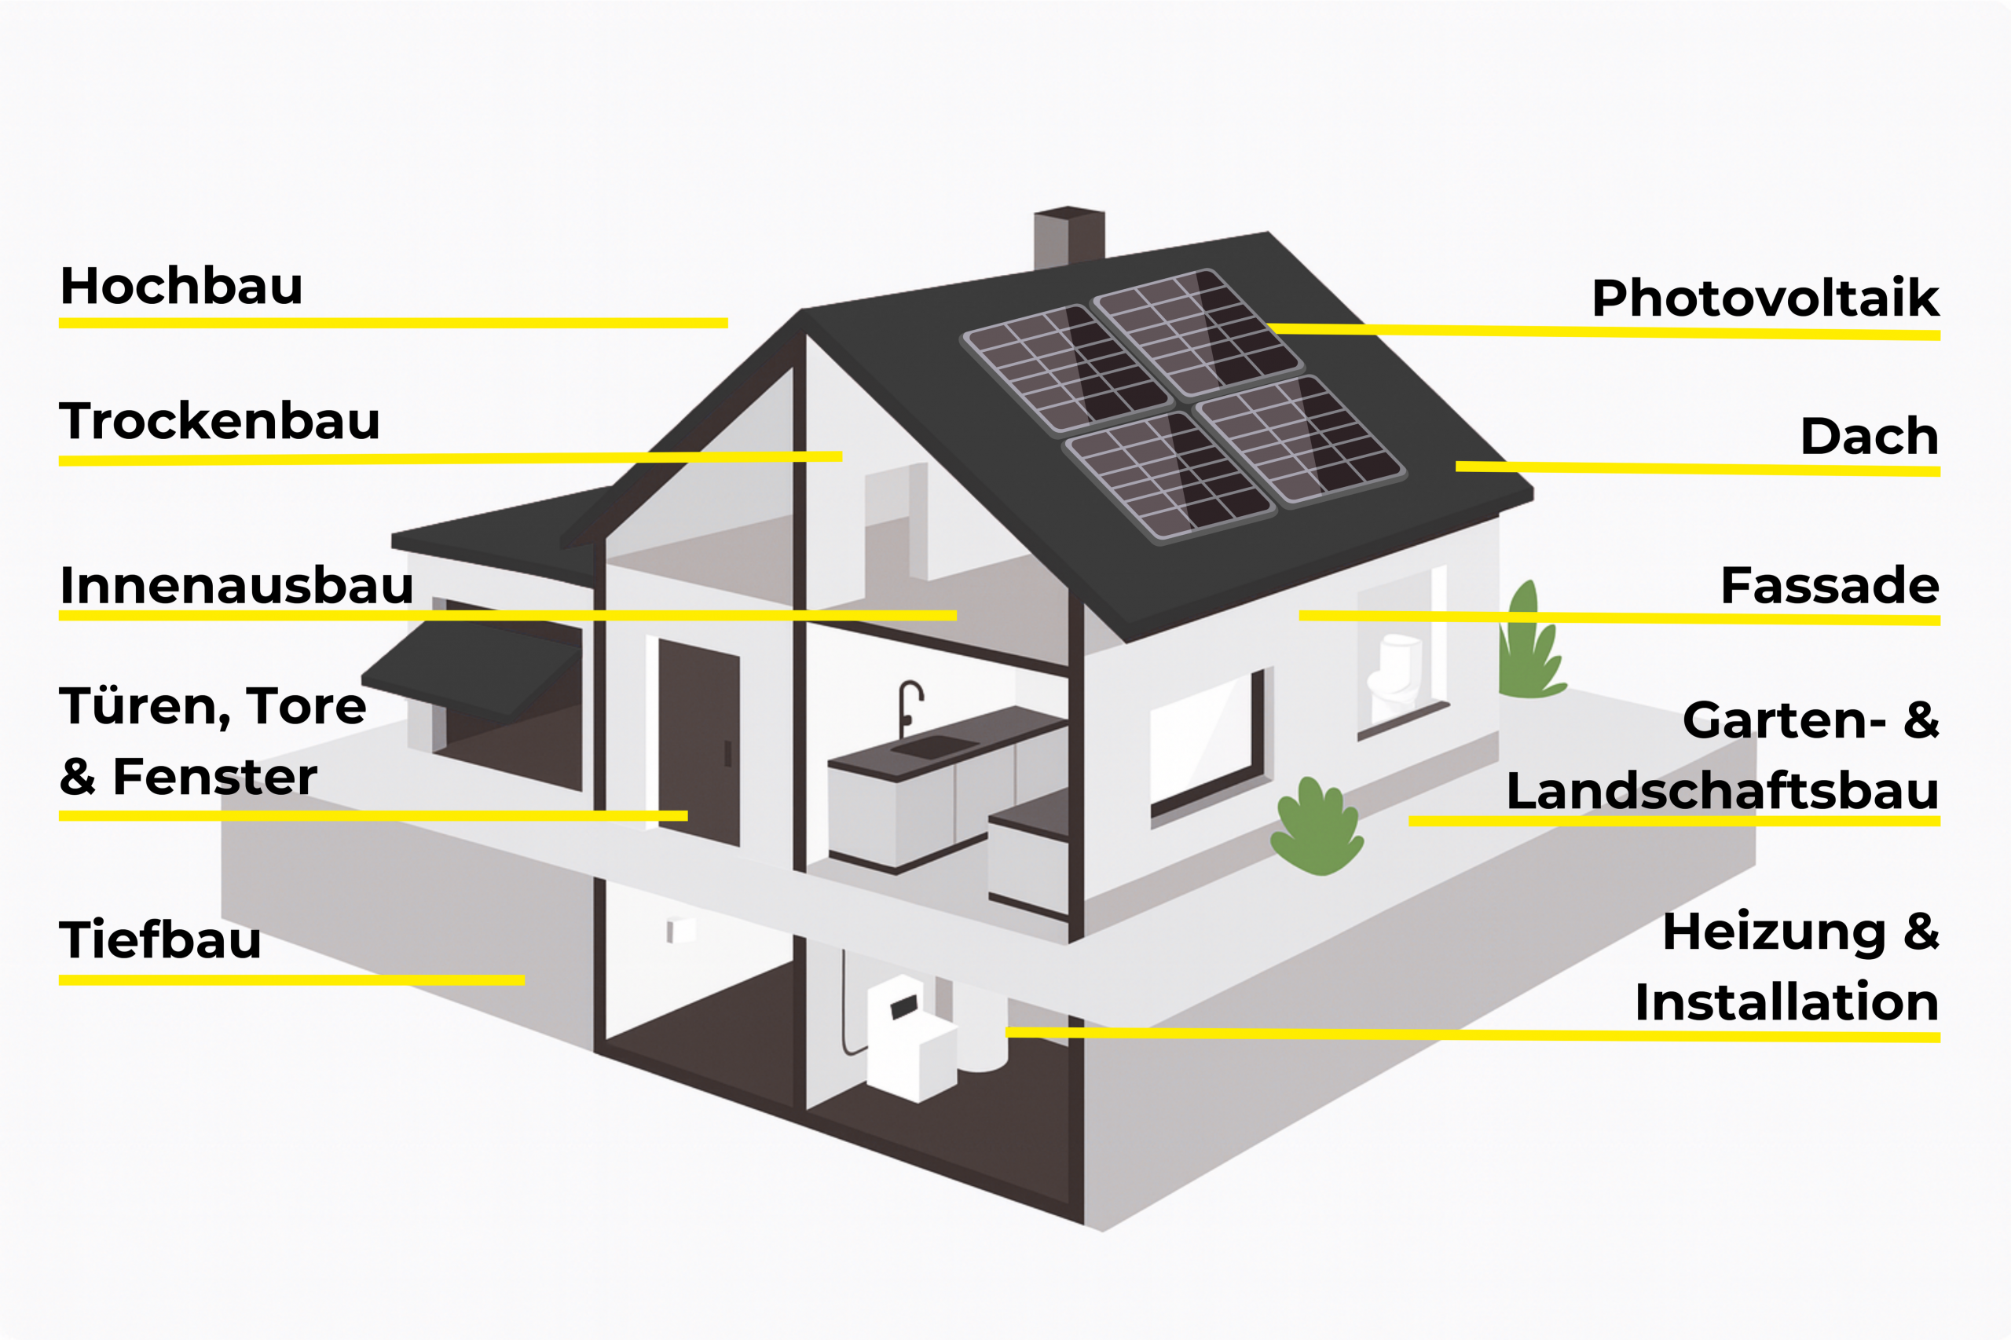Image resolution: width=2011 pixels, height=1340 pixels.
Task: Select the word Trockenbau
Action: coord(219,421)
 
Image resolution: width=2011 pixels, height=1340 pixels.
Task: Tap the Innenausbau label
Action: coord(236,585)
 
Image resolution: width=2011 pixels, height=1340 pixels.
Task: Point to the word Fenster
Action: coord(214,777)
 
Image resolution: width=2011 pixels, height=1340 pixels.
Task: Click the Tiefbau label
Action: coord(159,940)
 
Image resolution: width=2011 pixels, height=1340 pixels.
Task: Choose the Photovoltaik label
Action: coord(1765,298)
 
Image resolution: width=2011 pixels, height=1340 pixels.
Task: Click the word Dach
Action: coord(1869,437)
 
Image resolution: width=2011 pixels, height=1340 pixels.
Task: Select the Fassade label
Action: coord(1829,585)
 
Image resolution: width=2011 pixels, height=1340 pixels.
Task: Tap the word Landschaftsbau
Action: coord(1722,791)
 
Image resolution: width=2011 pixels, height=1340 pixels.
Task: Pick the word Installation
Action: coord(1786,1002)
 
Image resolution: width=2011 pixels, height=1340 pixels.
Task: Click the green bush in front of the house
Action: coord(1316,829)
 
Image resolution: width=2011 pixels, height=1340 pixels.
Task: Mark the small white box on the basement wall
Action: coord(680,929)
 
